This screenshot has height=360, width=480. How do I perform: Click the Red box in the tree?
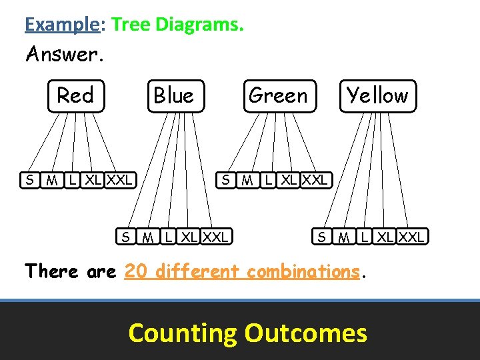click(75, 96)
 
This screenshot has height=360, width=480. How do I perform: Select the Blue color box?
click(174, 97)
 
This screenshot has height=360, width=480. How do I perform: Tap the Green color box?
click(279, 96)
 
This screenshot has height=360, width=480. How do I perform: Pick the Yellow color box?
click(377, 96)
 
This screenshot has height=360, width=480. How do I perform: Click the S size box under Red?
click(29, 180)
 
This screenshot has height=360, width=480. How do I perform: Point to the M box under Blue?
click(148, 236)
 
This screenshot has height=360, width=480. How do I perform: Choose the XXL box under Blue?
click(216, 236)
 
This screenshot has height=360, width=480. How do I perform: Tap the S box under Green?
click(227, 180)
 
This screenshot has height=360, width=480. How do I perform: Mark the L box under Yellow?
click(364, 236)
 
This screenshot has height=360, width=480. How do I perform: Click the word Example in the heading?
click(61, 25)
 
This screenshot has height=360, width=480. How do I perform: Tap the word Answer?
click(63, 54)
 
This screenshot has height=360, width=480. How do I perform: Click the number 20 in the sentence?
click(137, 271)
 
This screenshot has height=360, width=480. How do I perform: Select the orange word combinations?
click(303, 271)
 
